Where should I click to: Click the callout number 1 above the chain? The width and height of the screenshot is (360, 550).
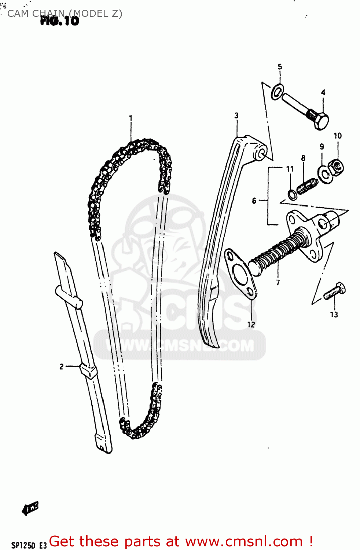(x=131, y=118)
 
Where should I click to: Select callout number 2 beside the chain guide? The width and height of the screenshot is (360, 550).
(x=62, y=366)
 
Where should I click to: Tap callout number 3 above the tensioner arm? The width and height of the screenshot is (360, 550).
(x=236, y=115)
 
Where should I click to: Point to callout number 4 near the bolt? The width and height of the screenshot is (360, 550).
(x=323, y=92)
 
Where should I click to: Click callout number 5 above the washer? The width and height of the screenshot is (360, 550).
(x=280, y=67)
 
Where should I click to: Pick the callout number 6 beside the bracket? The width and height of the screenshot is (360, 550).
(x=254, y=201)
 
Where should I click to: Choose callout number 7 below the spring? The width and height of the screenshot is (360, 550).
(x=278, y=282)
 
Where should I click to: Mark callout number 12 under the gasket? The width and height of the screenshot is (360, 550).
(x=251, y=324)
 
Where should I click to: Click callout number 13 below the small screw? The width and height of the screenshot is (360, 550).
(x=334, y=314)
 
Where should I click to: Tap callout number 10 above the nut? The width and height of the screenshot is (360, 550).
(x=338, y=136)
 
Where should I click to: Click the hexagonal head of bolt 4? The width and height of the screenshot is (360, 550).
(x=320, y=121)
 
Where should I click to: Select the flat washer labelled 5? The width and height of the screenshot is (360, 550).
(x=277, y=91)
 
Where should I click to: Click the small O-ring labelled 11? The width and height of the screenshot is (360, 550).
(x=292, y=195)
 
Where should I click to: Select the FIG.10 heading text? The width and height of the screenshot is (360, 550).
(x=60, y=21)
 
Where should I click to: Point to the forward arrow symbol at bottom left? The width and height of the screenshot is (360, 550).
(x=30, y=508)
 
